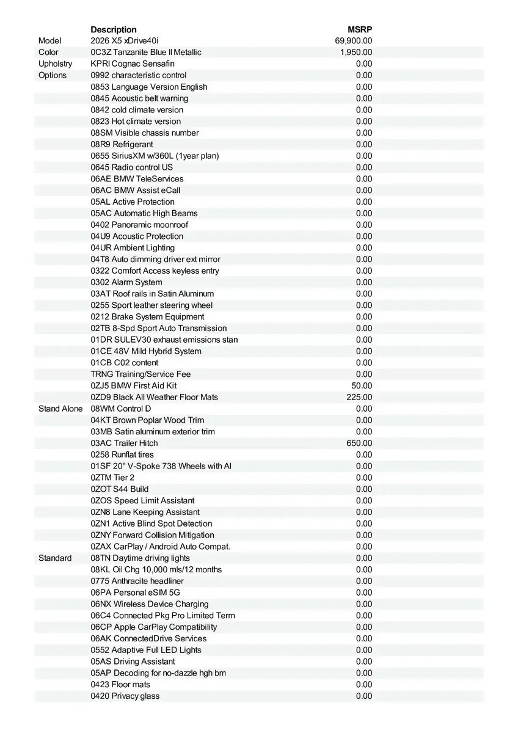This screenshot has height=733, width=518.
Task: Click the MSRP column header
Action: pyautogui.click(x=360, y=29)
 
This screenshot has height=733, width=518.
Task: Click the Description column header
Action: pyautogui.click(x=114, y=29)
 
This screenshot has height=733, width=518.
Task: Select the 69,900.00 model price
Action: pyautogui.click(x=354, y=41)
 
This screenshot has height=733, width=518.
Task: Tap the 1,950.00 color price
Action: pyautogui.click(x=356, y=53)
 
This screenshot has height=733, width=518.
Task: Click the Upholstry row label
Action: pyautogui.click(x=55, y=64)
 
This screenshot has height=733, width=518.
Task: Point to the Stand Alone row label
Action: pyautogui.click(x=60, y=409)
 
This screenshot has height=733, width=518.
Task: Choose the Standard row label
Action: pyautogui.click(x=55, y=558)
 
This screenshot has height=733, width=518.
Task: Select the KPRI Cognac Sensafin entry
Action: pyautogui.click(x=133, y=64)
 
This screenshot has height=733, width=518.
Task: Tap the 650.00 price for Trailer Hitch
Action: pyautogui.click(x=359, y=443)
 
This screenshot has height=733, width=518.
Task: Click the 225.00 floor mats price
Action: pyautogui.click(x=359, y=397)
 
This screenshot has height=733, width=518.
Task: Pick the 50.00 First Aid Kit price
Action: pyautogui.click(x=362, y=386)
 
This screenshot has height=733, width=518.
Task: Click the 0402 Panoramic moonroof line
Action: pyautogui.click(x=139, y=225)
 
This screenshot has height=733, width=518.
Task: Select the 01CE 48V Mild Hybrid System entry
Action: pyautogui.click(x=146, y=351)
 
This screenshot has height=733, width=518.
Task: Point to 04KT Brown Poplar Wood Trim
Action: pyautogui.click(x=147, y=420)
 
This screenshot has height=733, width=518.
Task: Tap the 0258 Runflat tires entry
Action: pyautogui.click(x=122, y=454)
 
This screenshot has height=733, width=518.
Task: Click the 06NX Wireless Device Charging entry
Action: pyautogui.click(x=150, y=604)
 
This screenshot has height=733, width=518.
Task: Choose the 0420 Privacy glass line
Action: pyautogui.click(x=125, y=696)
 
